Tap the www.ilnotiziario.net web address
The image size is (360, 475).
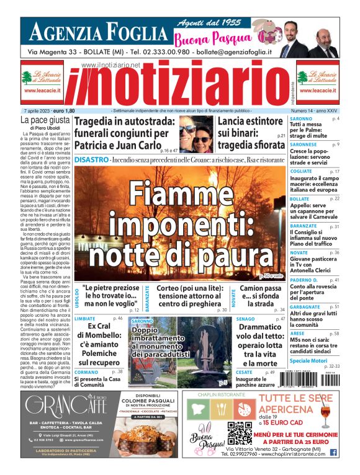tap(110, 65)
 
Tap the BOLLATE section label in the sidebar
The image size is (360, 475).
tap(300, 198)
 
